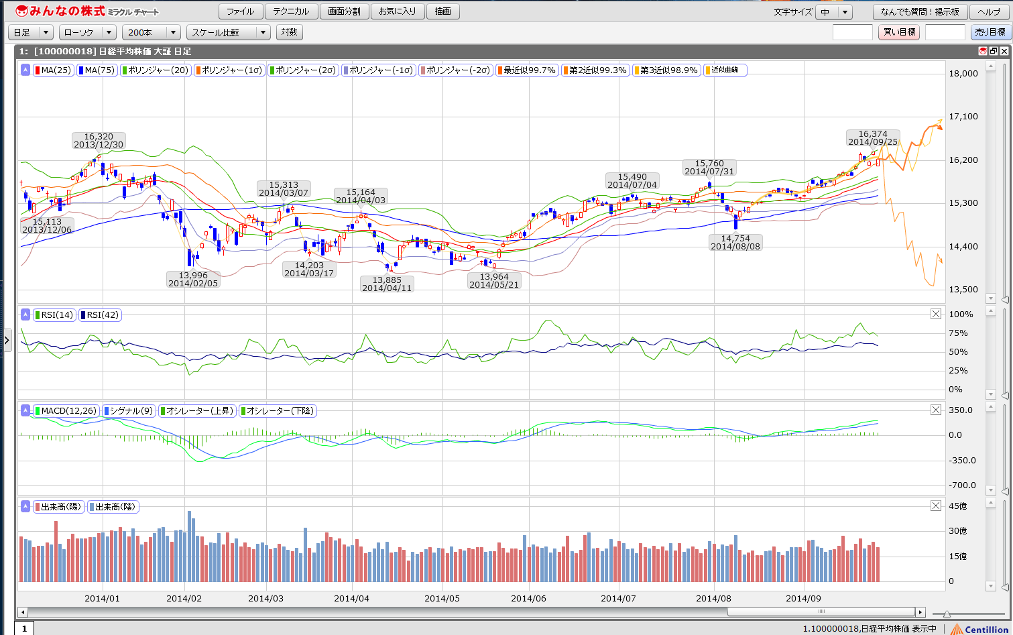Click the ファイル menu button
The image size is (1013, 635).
click(x=240, y=11)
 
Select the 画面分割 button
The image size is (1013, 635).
click(x=344, y=11)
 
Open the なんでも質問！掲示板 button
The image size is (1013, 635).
click(x=920, y=11)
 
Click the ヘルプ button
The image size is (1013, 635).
click(x=989, y=11)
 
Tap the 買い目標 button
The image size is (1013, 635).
click(x=898, y=32)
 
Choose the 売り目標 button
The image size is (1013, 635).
click(x=989, y=32)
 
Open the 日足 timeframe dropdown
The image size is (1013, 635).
click(x=31, y=32)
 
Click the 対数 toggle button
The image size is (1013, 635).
click(x=289, y=32)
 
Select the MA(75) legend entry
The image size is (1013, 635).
click(x=97, y=70)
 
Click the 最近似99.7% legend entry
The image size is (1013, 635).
click(x=526, y=70)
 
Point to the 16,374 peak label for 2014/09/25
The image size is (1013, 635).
click(x=872, y=138)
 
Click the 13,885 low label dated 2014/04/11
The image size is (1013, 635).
click(x=386, y=284)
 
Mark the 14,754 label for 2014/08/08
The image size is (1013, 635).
click(x=735, y=242)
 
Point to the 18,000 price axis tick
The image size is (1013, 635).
click(x=965, y=73)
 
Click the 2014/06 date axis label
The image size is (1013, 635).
click(x=530, y=598)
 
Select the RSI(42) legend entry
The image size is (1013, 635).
click(x=99, y=314)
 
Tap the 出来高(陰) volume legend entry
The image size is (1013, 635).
click(x=113, y=507)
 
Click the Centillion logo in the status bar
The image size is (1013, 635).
click(x=981, y=629)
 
